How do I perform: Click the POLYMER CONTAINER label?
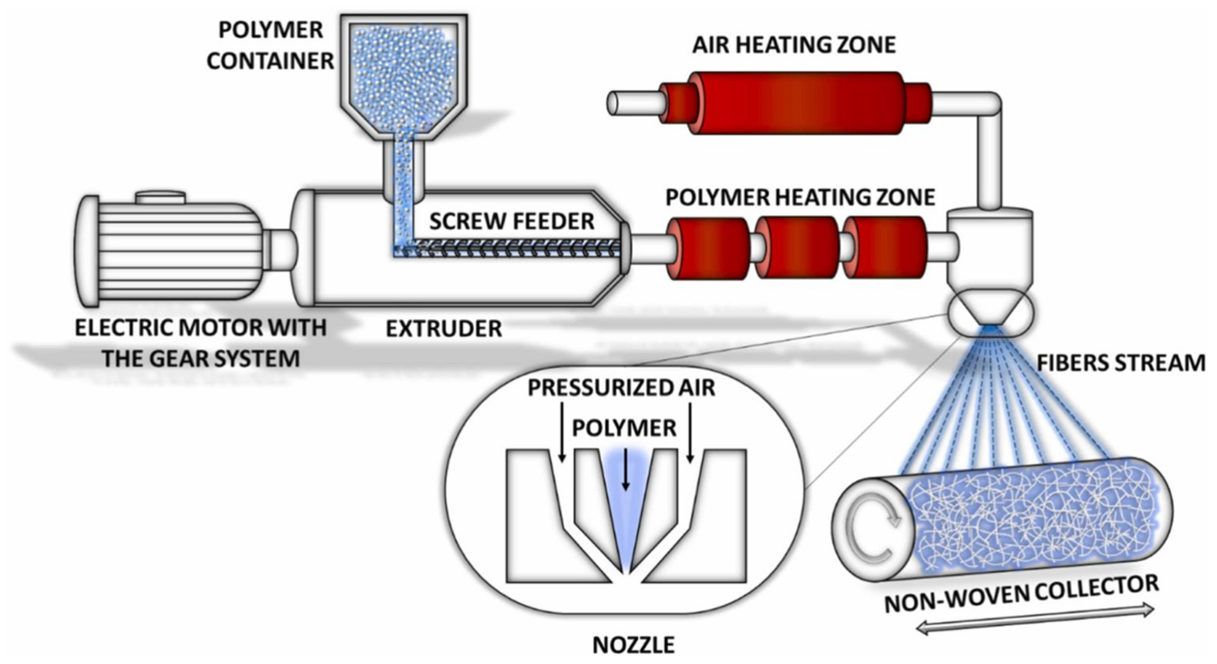click(x=270, y=46)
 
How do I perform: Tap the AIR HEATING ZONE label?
click(x=794, y=45)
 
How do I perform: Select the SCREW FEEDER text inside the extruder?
click(x=511, y=221)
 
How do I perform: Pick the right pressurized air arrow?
click(x=690, y=432)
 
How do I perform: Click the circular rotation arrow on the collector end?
click(x=873, y=534)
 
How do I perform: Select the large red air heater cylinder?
click(x=798, y=103)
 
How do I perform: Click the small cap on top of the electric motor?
click(x=160, y=197)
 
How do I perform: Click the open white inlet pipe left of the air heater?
click(x=633, y=103)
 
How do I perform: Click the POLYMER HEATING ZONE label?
click(x=800, y=197)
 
